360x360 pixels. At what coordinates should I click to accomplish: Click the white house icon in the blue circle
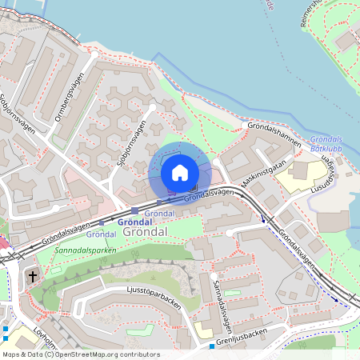click(180, 173)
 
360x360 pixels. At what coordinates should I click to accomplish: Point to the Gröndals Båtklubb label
click(324, 144)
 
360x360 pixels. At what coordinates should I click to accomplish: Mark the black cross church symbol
click(33, 277)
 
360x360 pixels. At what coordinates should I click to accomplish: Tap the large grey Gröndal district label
click(145, 231)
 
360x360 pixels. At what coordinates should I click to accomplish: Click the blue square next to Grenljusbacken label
click(212, 346)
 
